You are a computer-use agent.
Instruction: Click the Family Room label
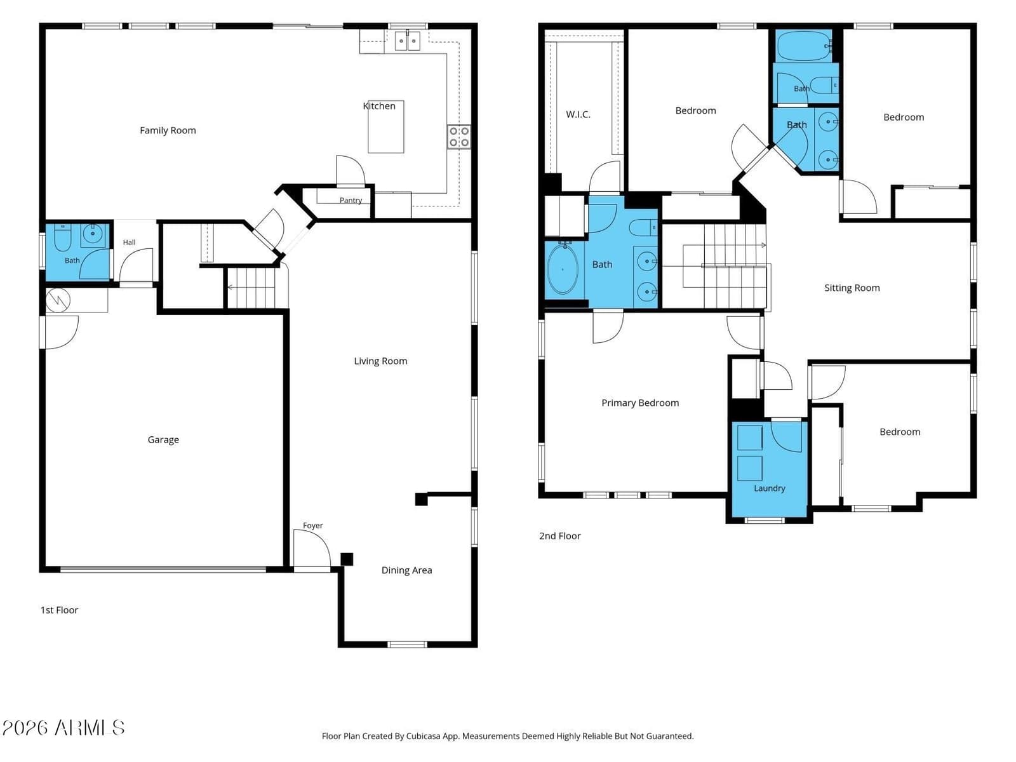click(168, 130)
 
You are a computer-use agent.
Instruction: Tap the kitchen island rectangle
click(385, 126)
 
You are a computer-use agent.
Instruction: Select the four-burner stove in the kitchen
click(458, 137)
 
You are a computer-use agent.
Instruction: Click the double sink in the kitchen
click(407, 41)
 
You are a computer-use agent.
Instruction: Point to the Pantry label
click(351, 200)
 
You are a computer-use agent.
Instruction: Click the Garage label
click(163, 439)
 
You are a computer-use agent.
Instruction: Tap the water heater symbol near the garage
click(58, 301)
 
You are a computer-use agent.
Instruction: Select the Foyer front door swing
click(312, 549)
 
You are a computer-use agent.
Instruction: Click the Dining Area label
click(406, 570)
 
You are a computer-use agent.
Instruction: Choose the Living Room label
click(380, 361)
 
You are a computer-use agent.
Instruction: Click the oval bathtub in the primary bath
click(563, 269)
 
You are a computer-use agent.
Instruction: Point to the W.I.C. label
click(578, 114)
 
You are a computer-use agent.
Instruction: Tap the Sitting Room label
click(852, 288)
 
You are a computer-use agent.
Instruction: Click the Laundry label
click(769, 488)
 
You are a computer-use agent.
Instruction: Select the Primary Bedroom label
click(640, 403)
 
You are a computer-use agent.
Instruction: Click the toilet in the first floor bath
click(62, 237)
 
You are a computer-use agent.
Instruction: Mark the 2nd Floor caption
click(559, 536)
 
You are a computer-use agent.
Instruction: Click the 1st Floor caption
click(59, 610)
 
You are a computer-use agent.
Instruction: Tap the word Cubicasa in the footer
click(423, 736)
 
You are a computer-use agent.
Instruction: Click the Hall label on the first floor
click(129, 242)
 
